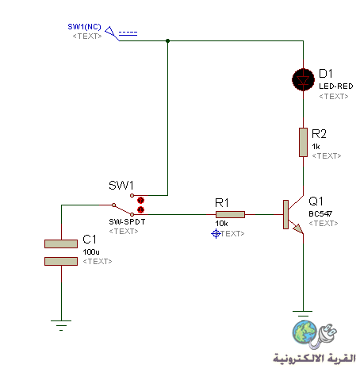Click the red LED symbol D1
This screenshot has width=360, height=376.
(x=303, y=79)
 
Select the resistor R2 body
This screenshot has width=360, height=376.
(x=303, y=142)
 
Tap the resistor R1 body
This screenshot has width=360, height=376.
(x=230, y=214)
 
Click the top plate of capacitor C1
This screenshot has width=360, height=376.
(x=61, y=244)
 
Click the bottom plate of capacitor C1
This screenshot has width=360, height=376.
(x=61, y=261)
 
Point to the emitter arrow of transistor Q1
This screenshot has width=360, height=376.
(x=298, y=229)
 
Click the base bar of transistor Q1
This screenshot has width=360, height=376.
(x=285, y=214)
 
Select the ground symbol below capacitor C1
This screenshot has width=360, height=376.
(x=61, y=325)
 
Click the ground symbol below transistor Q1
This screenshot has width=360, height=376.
(x=303, y=314)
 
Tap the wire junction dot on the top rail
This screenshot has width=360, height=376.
(x=167, y=40)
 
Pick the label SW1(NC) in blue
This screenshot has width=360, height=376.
(x=84, y=27)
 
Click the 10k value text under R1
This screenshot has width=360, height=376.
(x=221, y=224)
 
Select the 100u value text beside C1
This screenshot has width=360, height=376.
(x=91, y=252)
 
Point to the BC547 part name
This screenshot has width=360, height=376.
(x=320, y=213)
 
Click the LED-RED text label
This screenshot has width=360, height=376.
(x=336, y=86)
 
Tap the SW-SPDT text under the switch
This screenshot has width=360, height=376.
(x=127, y=222)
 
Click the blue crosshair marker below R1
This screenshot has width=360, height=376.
(x=216, y=234)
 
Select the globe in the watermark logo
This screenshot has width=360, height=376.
(x=304, y=332)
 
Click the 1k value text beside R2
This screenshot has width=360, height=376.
(x=316, y=147)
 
